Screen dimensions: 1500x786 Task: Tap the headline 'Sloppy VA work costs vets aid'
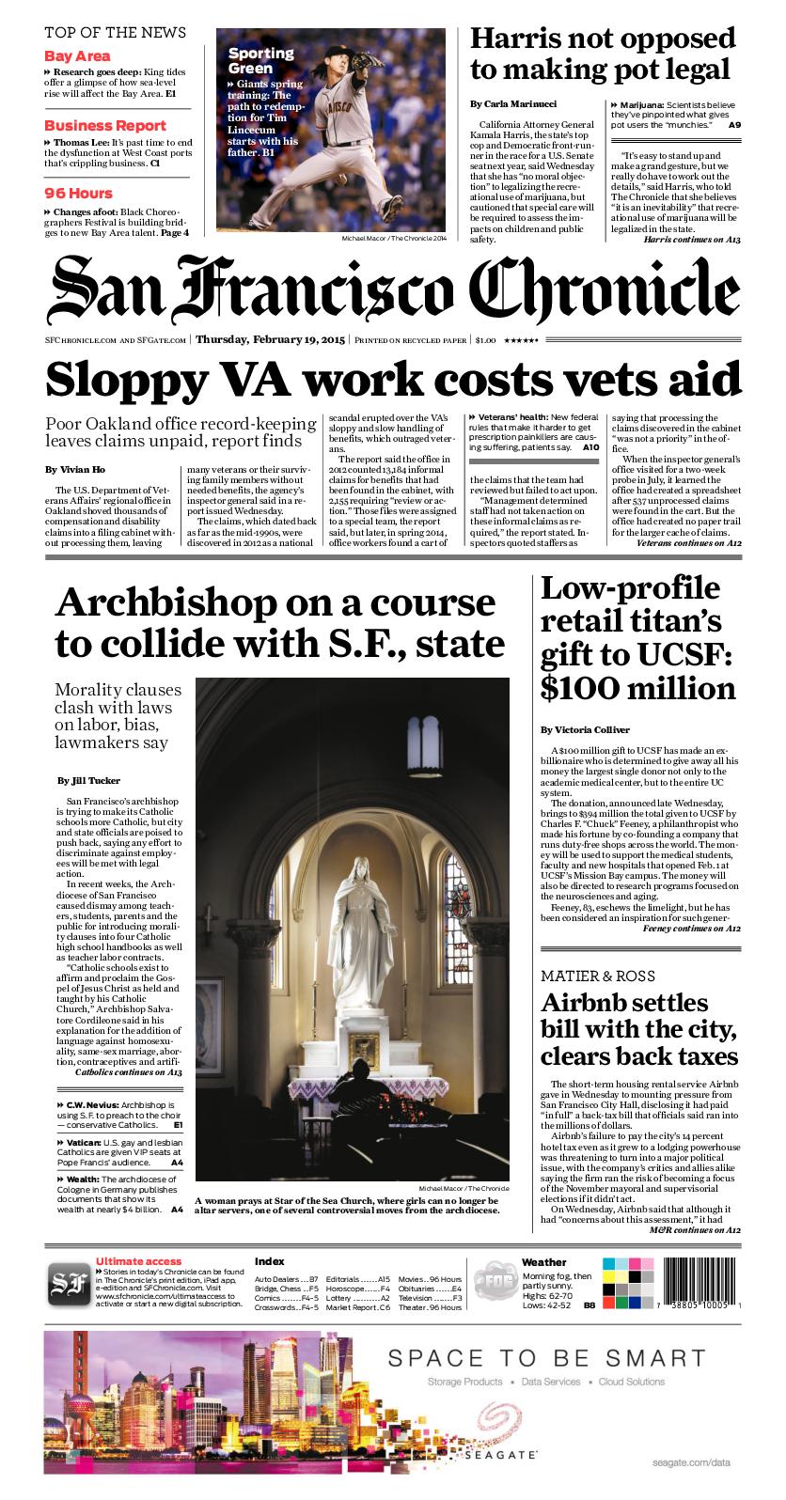pos(393,380)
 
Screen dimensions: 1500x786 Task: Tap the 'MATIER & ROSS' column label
pos(597,976)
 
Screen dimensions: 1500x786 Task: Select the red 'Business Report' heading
pos(105,125)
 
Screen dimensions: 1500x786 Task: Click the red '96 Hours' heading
pos(78,193)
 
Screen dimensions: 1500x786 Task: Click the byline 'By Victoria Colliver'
pos(585,729)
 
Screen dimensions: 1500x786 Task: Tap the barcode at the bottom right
pos(694,1278)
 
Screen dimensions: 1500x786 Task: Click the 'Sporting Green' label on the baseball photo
pos(261,60)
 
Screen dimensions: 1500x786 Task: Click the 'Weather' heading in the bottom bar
pos(543,1262)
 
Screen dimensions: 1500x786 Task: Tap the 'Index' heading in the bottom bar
pos(269,1261)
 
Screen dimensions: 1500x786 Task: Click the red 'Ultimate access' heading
pos(138,1261)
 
